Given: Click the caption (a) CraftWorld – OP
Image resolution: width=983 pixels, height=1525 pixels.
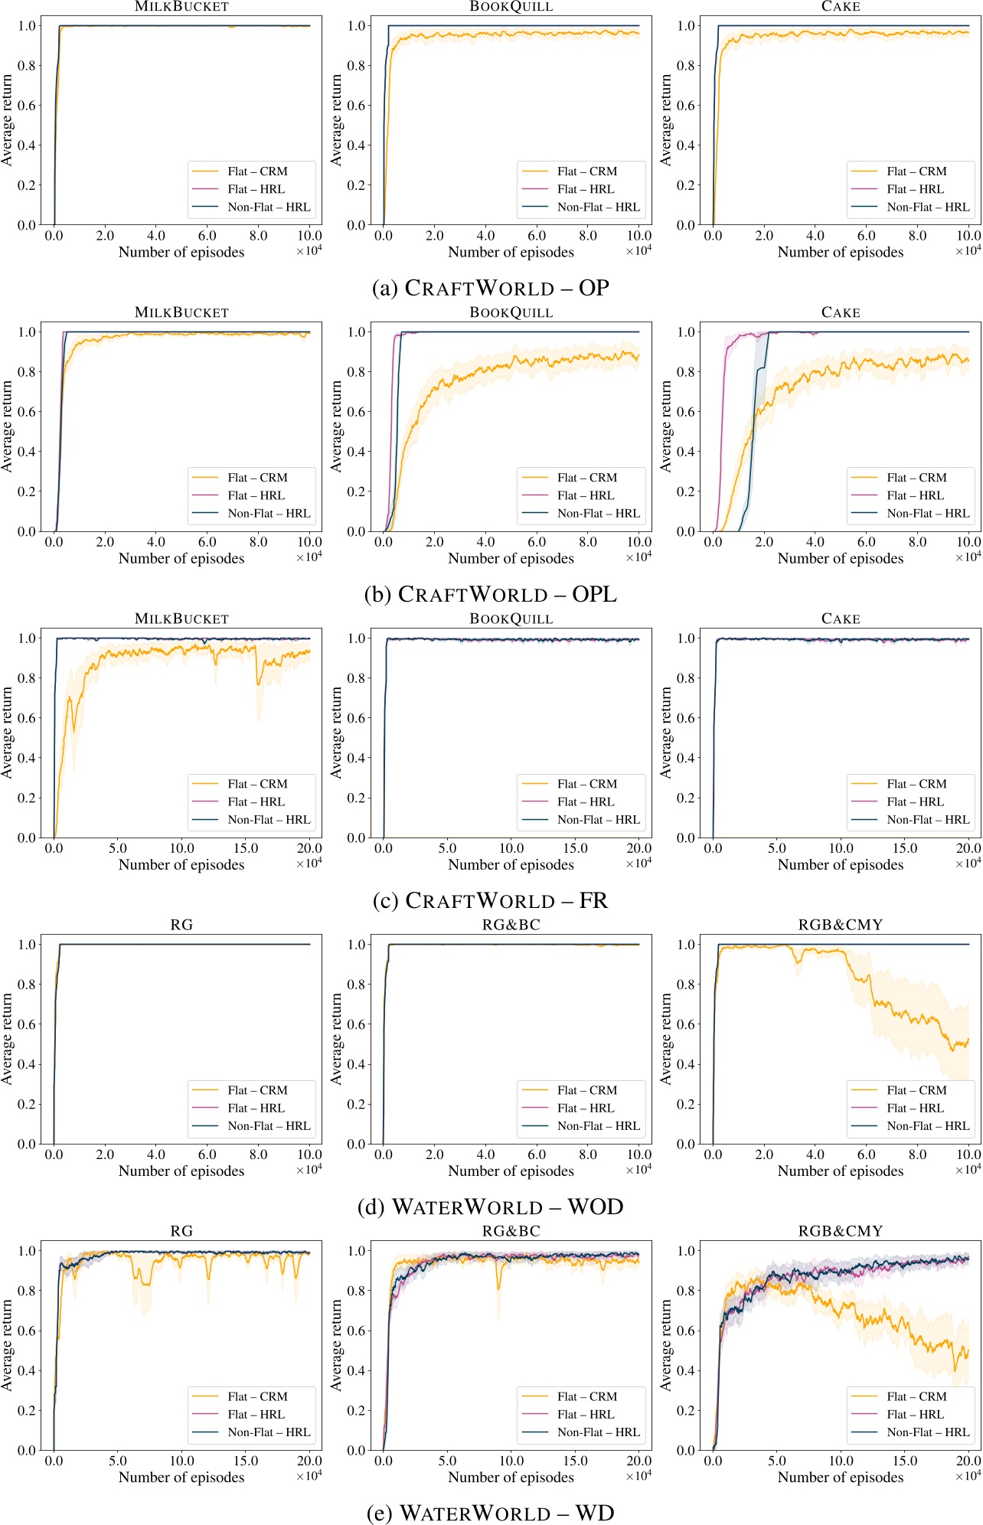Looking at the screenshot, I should pos(490,288).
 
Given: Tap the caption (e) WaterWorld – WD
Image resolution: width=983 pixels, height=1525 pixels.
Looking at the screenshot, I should pos(490,1513).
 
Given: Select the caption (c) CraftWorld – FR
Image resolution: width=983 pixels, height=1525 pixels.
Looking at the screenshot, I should pos(490,900).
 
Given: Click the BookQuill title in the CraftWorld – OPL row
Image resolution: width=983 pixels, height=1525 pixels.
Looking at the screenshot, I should pos(511,312).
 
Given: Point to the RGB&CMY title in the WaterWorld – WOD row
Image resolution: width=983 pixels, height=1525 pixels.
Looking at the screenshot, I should pos(840,925).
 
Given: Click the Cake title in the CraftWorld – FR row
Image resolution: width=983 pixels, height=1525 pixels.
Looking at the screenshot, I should pos(840,619).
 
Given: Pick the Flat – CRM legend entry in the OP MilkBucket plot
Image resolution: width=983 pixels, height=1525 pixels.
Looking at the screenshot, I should pos(256,171).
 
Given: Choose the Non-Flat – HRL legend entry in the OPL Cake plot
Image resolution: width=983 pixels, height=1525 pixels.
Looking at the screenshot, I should pos(927,513).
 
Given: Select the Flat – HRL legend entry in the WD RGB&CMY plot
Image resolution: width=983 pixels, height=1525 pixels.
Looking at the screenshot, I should pos(915,1414).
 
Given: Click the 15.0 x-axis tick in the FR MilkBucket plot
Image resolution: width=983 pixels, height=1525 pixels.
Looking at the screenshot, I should pos(246,848).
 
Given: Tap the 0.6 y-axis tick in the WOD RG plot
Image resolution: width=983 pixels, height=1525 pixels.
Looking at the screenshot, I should pos(27,1024).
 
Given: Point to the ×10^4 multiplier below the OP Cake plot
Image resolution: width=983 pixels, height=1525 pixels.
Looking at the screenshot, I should pos(968,250).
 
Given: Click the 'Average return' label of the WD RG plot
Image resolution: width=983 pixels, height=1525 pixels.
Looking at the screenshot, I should pos(8,1344).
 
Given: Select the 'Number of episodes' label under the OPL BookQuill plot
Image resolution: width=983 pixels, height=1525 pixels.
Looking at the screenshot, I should pos(511,558).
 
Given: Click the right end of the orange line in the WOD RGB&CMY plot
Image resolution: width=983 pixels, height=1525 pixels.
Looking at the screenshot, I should pos(968,1039).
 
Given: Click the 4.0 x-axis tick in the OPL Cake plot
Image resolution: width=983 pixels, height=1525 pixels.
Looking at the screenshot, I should pos(815,542).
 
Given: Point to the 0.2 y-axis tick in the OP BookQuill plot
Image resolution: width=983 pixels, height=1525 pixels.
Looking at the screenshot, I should pos(356,185).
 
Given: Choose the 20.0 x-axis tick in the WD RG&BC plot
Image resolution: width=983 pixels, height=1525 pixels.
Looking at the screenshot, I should pos(638,1461).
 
